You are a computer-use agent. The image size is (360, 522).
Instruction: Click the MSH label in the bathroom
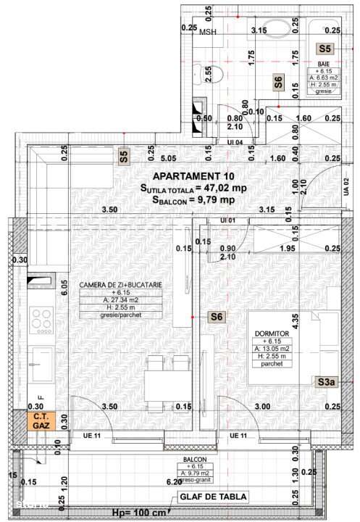click(208, 32)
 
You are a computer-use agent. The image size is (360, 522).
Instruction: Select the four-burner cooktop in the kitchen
click(41, 320)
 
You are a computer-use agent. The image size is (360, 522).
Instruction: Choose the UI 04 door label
click(234, 142)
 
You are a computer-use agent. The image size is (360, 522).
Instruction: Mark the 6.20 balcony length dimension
click(174, 481)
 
